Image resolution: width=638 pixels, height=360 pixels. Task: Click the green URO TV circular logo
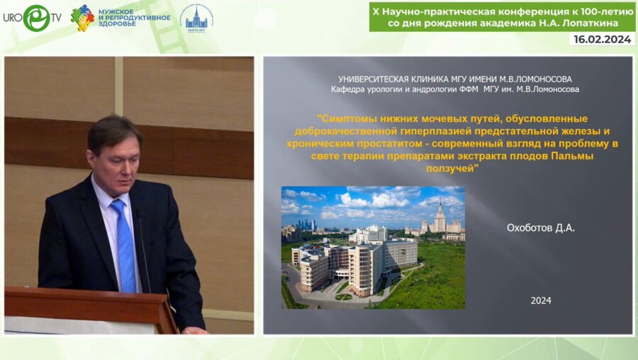[x=36, y=18]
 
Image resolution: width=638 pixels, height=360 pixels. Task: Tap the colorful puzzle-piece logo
[x=82, y=18]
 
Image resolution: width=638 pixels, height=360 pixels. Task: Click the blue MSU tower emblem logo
[x=196, y=19]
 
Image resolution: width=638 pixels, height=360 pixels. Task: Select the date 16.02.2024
[x=602, y=40]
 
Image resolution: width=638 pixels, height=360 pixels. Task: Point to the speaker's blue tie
[x=125, y=246]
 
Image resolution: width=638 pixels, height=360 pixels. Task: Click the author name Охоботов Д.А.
[x=540, y=227]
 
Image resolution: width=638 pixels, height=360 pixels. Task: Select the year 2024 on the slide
[x=541, y=300]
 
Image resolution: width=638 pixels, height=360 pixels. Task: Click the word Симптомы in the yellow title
[x=347, y=119]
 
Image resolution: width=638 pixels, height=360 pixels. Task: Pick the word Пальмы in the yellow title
[x=572, y=156]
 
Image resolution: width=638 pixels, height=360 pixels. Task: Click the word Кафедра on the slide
[x=347, y=89]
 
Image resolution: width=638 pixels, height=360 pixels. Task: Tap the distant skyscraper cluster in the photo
[x=307, y=225]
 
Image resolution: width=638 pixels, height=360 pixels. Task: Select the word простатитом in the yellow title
[x=392, y=144]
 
